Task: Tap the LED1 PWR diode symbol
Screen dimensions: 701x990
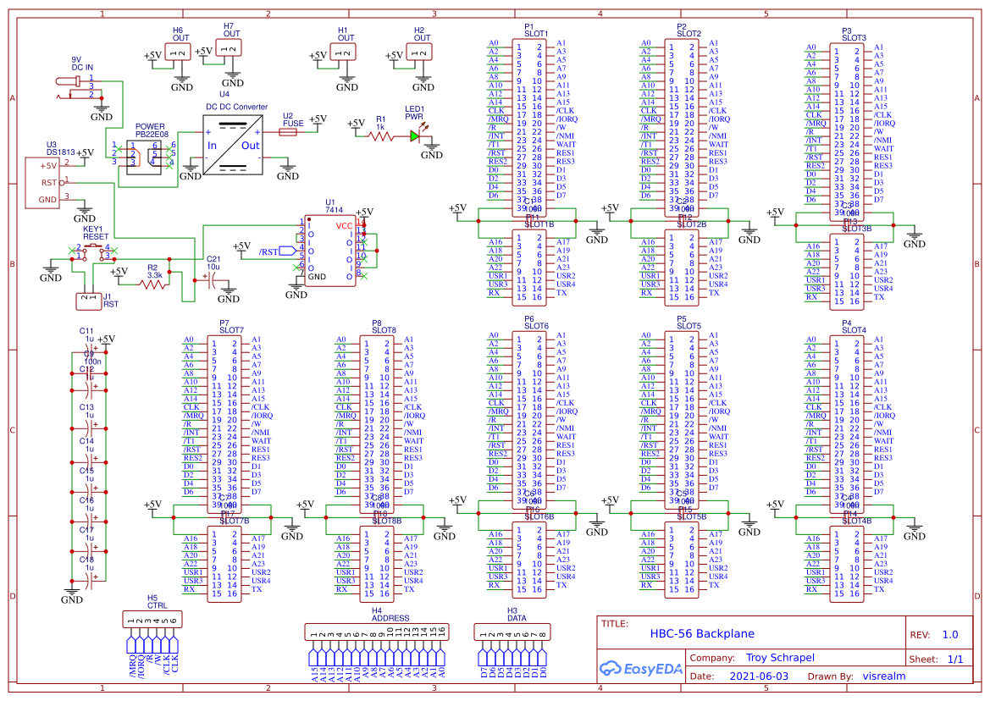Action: pos(415,135)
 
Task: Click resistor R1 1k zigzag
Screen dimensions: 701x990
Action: pos(380,135)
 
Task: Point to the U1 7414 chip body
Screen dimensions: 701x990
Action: pos(330,251)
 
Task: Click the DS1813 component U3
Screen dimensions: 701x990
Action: pos(42,182)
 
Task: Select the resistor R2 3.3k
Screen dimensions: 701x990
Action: pos(153,285)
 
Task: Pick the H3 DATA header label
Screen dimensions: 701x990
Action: pos(517,618)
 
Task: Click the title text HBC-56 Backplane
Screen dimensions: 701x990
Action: pos(701,633)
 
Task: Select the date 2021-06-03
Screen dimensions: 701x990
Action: pos(758,676)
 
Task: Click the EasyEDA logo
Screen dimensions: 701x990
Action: pos(639,668)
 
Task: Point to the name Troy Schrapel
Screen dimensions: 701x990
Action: pos(779,658)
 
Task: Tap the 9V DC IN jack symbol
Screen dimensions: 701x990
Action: pos(73,86)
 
